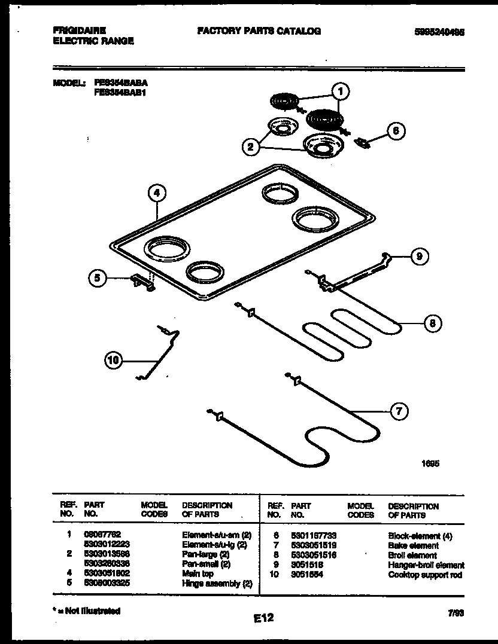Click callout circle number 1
coord(340,91)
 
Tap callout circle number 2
coord(251,145)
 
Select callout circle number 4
coord(156,193)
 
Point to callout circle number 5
coord(98,277)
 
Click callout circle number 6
coord(395,131)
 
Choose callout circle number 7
coord(399,411)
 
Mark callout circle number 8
coord(432,323)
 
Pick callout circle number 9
coord(419,257)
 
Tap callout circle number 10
coord(113,360)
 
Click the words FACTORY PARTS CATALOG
coord(259,31)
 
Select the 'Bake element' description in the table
coord(413,545)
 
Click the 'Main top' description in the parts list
coord(198,573)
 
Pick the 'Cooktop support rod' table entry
coord(425,575)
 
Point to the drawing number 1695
coord(430,463)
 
